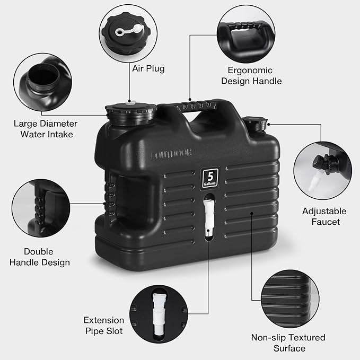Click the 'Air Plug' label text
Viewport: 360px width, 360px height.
pyautogui.click(x=148, y=68)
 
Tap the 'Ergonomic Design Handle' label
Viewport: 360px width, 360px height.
pyautogui.click(x=251, y=76)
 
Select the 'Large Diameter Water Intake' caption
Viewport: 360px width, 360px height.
pyautogui.click(x=46, y=129)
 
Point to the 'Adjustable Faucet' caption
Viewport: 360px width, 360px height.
pyautogui.click(x=324, y=216)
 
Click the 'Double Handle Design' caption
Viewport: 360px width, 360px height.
pyautogui.click(x=46, y=257)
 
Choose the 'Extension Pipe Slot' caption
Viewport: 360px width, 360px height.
pyautogui.click(x=103, y=326)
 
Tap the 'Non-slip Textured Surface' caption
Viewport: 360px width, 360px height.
pyautogui.click(x=288, y=343)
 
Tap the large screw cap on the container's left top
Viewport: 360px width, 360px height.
pyautogui.click(x=130, y=112)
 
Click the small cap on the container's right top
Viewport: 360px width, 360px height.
pyautogui.click(x=258, y=125)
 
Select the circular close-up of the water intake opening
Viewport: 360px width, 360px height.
pyautogui.click(x=42, y=84)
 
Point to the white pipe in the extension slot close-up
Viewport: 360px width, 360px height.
pyautogui.click(x=157, y=313)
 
